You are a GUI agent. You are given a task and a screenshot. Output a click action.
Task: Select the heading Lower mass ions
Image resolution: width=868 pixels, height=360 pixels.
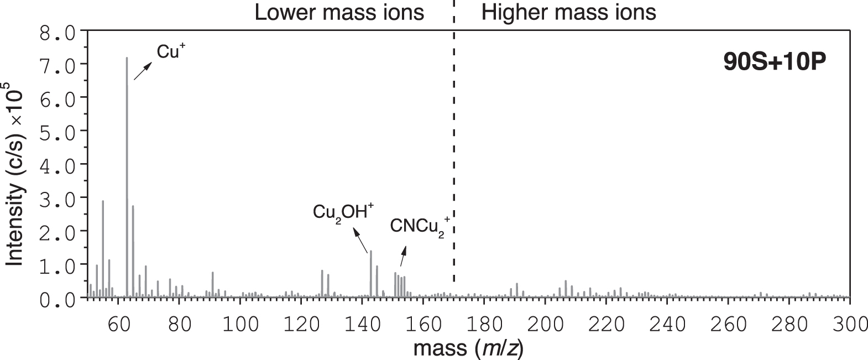(x=339, y=12)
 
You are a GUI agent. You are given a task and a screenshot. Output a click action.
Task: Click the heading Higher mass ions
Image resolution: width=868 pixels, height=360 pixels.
(x=568, y=12)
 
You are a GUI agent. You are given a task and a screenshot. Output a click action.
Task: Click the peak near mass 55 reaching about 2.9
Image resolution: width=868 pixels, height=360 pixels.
(x=103, y=249)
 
